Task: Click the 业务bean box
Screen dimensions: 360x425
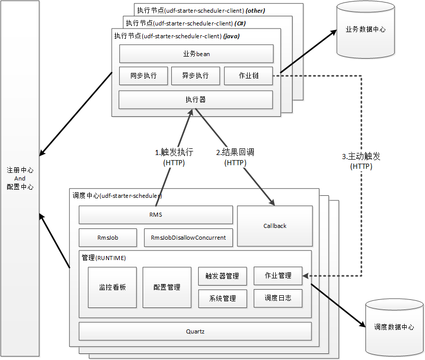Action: click(196, 54)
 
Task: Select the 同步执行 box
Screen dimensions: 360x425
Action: click(143, 75)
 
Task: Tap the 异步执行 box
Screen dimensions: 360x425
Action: click(195, 75)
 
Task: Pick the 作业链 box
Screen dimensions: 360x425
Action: click(248, 75)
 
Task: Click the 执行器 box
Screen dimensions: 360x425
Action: click(195, 99)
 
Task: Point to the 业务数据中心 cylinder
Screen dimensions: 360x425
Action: click(365, 30)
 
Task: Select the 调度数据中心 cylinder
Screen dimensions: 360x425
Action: click(394, 327)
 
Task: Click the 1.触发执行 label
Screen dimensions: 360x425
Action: click(174, 152)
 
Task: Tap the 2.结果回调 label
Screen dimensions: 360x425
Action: click(235, 152)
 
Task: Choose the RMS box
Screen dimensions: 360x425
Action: click(155, 215)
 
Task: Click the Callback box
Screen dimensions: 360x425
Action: click(275, 226)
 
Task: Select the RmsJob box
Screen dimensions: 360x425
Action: click(108, 238)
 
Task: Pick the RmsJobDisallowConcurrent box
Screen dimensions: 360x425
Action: click(188, 238)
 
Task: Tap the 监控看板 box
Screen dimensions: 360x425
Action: click(112, 287)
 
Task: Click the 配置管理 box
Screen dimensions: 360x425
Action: click(167, 287)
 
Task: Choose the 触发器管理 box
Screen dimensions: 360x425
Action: click(222, 276)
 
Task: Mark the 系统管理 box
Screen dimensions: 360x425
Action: click(222, 298)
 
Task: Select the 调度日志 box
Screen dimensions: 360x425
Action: click(278, 298)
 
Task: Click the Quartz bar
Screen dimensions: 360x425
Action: click(195, 331)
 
